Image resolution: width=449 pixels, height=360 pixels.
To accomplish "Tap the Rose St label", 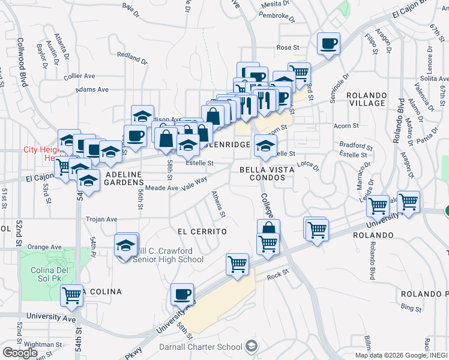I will coord(288,47).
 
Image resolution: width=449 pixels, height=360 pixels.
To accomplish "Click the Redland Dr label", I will coord(132,57).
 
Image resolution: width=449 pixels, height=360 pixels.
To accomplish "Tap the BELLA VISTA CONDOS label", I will coord(267,174).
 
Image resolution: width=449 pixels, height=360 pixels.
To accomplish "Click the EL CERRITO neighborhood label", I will coord(202,231).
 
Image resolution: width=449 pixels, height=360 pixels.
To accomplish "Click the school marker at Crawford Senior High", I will coord(126,245).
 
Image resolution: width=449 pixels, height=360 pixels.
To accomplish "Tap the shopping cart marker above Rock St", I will coord(238,263).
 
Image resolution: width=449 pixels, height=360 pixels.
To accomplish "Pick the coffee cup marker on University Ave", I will coord(182,294).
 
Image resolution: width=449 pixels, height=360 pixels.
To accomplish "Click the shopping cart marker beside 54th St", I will coord(72,294).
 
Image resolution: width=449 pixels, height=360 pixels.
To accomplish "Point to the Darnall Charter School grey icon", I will coord(252,346).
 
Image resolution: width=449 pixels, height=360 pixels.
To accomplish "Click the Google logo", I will coord(20,353).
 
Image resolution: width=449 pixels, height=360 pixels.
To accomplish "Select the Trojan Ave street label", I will coord(101,219).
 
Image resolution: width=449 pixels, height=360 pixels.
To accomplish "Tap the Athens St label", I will coord(219,204).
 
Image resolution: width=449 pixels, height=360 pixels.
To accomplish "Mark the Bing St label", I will coord(411,307).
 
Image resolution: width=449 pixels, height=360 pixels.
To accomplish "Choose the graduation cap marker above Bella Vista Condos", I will coord(265,145).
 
